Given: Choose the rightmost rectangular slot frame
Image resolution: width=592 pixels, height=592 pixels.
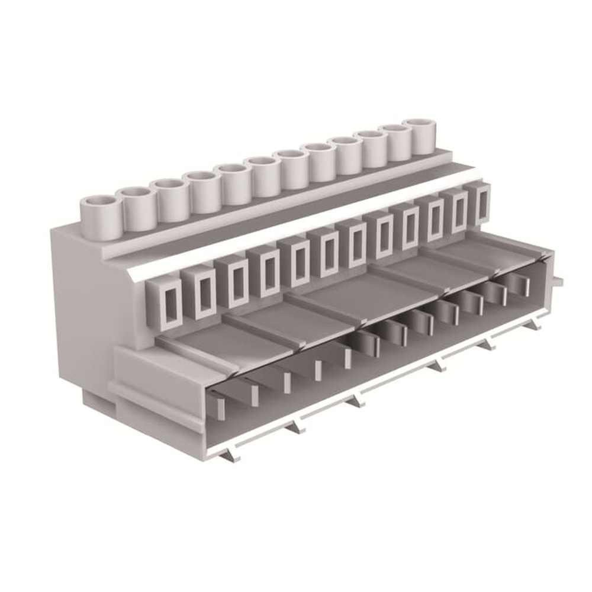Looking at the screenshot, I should [482, 204].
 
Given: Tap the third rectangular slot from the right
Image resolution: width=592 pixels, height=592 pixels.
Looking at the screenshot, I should [436, 218].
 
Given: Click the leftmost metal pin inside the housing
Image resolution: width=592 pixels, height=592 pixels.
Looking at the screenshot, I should [218, 408].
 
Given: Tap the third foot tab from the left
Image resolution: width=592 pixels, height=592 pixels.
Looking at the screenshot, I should [356, 401].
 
